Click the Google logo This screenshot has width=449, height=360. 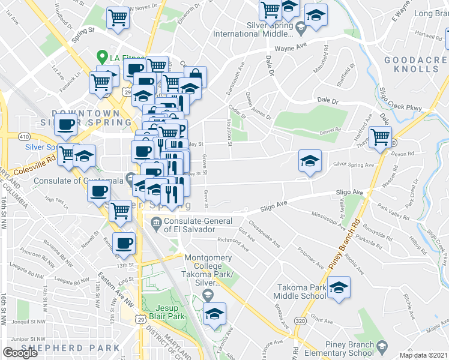[x=20, y=353]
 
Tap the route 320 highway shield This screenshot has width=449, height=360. [x=299, y=322]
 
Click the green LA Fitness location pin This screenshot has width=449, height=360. [x=103, y=57]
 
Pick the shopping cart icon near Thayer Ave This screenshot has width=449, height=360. [x=380, y=137]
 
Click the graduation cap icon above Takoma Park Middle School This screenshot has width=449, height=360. [x=339, y=287]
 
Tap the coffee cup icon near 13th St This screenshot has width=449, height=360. [x=124, y=243]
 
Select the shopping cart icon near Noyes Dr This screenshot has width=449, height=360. [x=118, y=17]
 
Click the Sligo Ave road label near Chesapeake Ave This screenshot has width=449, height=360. [x=274, y=208]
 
